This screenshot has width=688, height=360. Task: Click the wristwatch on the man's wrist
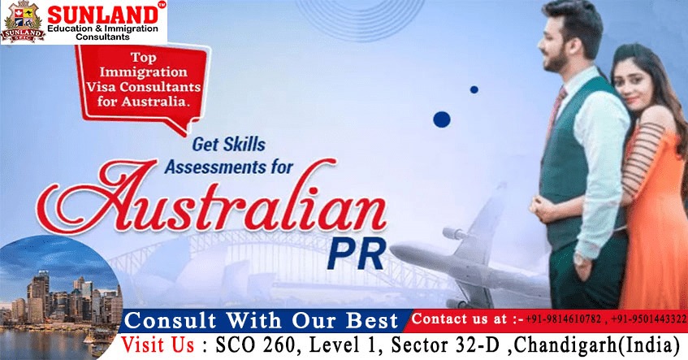tap(581, 259)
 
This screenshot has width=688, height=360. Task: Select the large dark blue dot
tap(442, 119)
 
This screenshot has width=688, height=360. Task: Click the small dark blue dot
tap(474, 89)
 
